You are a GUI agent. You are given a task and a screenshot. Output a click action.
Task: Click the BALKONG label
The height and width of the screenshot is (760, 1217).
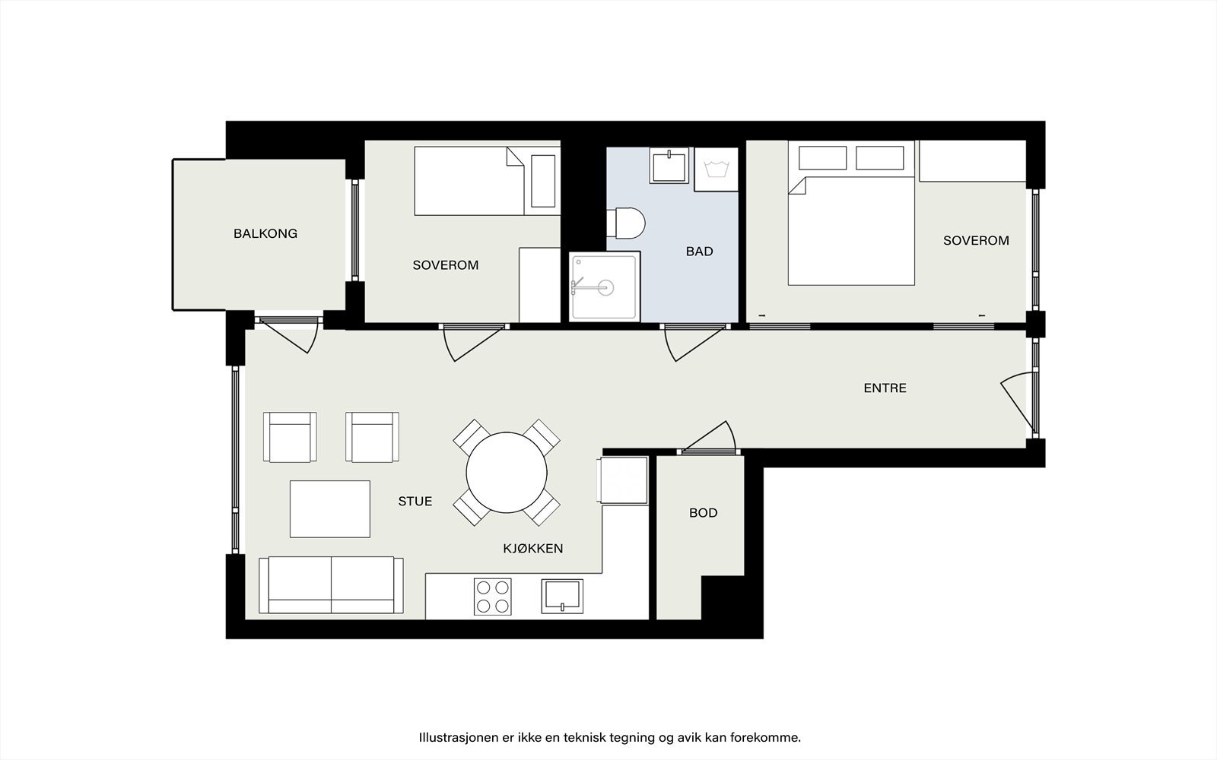(x=265, y=233)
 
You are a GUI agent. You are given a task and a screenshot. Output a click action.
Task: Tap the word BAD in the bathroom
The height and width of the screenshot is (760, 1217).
(x=699, y=251)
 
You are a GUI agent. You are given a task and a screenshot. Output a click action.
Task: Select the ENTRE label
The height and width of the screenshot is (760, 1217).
(x=885, y=388)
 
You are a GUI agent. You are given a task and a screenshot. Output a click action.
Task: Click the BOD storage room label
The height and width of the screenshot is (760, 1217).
(x=703, y=513)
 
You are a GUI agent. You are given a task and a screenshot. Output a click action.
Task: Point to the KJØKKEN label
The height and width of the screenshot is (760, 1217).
(x=532, y=548)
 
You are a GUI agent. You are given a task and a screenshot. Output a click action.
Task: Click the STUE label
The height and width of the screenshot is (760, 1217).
(x=415, y=501)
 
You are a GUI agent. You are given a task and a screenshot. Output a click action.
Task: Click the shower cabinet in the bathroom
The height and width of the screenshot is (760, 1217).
(x=604, y=287)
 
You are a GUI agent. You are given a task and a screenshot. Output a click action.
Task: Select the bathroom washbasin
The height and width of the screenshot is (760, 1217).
(x=669, y=166)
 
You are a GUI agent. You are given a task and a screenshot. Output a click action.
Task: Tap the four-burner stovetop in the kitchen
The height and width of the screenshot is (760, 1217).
(x=492, y=597)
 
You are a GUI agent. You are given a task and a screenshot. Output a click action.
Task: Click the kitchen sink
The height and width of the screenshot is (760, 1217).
(x=562, y=596)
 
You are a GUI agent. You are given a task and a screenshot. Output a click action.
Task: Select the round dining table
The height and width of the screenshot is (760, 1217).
(x=506, y=472)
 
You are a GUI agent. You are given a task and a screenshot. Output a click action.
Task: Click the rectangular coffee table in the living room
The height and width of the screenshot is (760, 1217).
(x=329, y=508)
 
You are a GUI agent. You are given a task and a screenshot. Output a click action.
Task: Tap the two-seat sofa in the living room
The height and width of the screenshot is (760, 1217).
(x=331, y=585)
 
